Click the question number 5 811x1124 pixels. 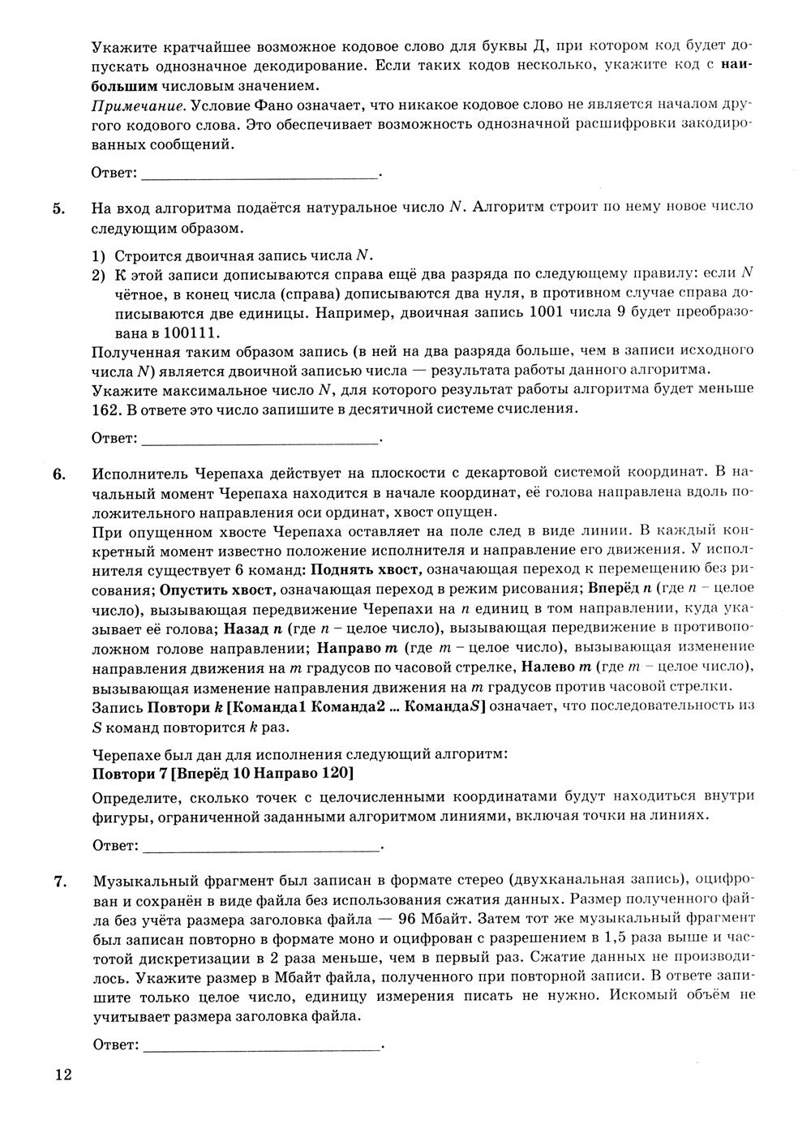(x=58, y=208)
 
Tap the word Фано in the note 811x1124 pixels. (x=327, y=106)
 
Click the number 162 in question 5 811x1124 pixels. (x=106, y=410)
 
